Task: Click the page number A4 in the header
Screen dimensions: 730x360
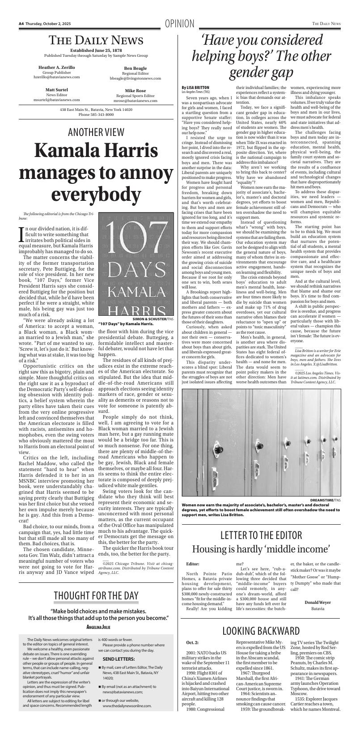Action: coord(21,24)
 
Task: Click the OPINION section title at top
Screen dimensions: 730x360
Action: coord(179,24)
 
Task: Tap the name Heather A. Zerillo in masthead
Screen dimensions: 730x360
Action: coord(57,67)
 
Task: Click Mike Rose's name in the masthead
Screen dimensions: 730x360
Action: coord(135,90)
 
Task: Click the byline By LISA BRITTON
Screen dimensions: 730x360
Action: coord(195,87)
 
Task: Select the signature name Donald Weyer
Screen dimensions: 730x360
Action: coord(318,602)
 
